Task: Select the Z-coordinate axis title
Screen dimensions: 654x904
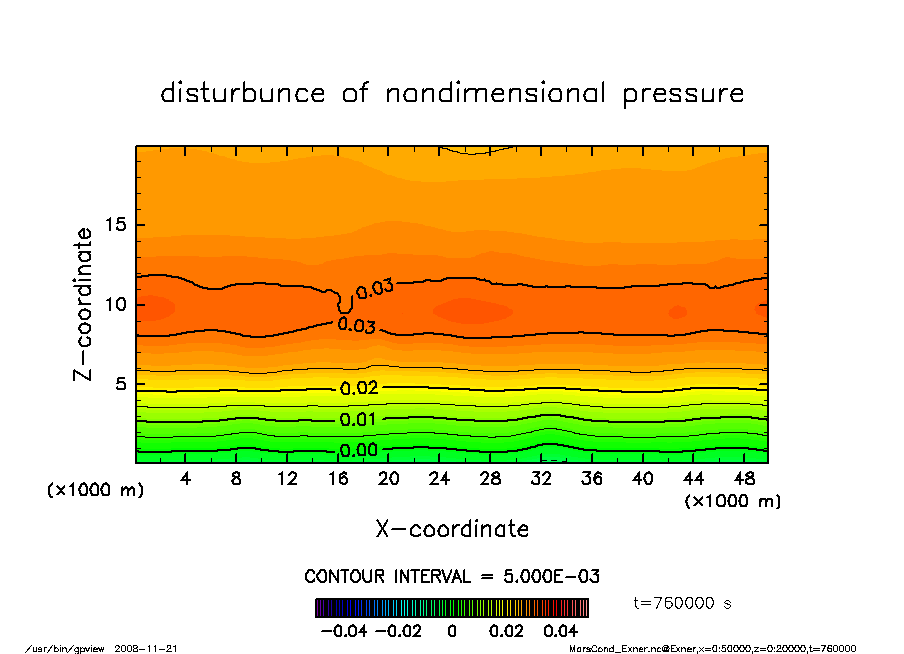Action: pos(84,304)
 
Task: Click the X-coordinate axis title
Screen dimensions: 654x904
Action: pos(452,529)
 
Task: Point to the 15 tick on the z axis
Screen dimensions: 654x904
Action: pos(115,225)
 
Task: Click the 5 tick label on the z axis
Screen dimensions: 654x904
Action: pos(121,384)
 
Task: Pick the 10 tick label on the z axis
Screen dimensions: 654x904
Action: pos(115,305)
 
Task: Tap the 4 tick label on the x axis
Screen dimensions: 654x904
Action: pos(186,479)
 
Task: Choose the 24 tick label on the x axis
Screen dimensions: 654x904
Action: pos(439,479)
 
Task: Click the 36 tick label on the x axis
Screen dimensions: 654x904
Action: pos(591,479)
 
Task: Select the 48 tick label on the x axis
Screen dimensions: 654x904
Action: pos(743,479)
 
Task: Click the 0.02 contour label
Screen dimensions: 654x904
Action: pos(359,388)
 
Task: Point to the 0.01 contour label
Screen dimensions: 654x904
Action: pos(359,419)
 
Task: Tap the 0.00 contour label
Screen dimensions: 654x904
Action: pos(359,451)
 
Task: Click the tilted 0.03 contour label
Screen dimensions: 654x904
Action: pos(375,289)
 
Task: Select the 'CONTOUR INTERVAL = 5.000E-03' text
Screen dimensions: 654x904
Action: pos(452,577)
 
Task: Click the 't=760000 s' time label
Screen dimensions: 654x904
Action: pos(683,603)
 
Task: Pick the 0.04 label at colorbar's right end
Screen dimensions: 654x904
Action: pos(560,631)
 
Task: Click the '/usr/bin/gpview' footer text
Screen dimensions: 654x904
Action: pos(60,648)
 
